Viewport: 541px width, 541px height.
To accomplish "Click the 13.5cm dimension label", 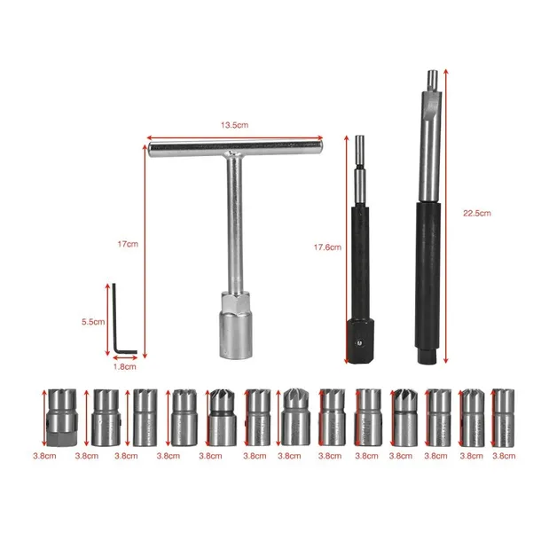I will pyautogui.click(x=233, y=124).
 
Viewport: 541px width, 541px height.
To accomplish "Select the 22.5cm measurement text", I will pyautogui.click(x=476, y=213).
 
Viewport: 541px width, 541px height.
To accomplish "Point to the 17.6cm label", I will pyautogui.click(x=328, y=247).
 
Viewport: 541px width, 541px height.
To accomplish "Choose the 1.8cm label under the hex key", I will pyautogui.click(x=125, y=365).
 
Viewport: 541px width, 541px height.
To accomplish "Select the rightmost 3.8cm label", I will pyautogui.click(x=503, y=456).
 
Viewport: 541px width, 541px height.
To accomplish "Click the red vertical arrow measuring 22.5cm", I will pyautogui.click(x=444, y=213).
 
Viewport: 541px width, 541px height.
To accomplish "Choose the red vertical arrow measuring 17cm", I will pyautogui.click(x=144, y=244).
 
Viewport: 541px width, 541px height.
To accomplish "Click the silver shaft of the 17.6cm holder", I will pyautogui.click(x=360, y=173).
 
